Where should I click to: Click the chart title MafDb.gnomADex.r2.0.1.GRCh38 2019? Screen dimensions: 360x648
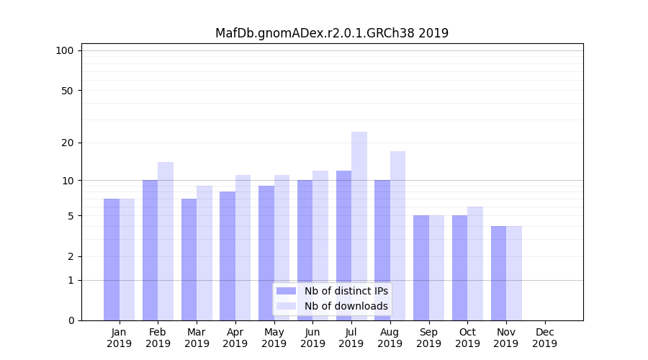pos(332,33)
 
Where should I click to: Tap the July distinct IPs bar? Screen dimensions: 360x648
pos(343,245)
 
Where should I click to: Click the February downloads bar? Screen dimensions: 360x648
pos(166,240)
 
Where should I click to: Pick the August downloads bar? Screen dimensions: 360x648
pos(397,235)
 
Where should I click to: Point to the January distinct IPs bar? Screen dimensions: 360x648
pos(112,259)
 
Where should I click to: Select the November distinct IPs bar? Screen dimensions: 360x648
pos(498,273)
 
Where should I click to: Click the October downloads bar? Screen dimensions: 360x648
pos(475,263)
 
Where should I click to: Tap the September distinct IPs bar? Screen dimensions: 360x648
pos(421,268)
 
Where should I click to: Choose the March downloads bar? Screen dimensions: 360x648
pos(204,253)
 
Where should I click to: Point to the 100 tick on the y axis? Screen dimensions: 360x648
pos(65,50)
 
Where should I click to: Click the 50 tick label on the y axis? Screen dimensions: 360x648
pos(67,91)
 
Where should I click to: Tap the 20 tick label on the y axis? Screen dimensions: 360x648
pos(67,143)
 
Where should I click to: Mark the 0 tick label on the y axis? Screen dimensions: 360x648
pos(71,320)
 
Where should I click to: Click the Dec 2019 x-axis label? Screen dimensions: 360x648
pos(544,338)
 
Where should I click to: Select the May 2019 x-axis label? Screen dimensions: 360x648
pos(274,338)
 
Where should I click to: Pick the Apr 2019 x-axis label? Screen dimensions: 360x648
pos(235,338)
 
